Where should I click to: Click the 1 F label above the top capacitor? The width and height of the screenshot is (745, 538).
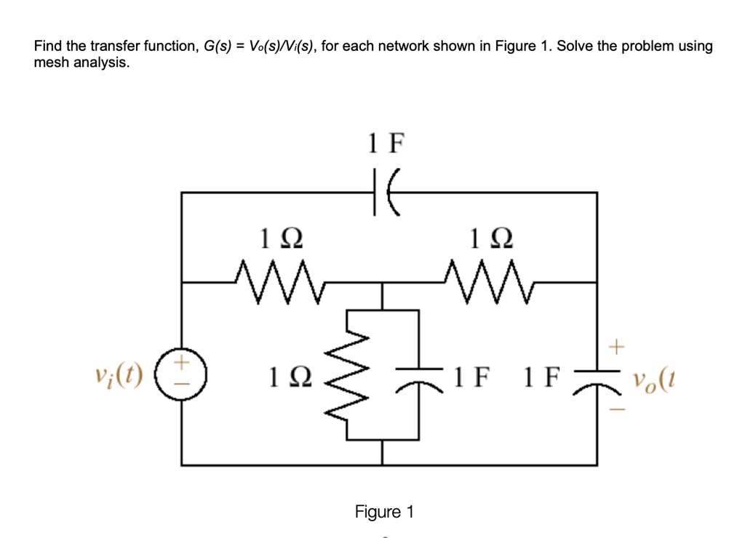pos(384,144)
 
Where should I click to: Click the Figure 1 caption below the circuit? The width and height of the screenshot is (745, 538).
pos(384,512)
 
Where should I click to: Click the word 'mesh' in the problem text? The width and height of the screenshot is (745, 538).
pos(49,63)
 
